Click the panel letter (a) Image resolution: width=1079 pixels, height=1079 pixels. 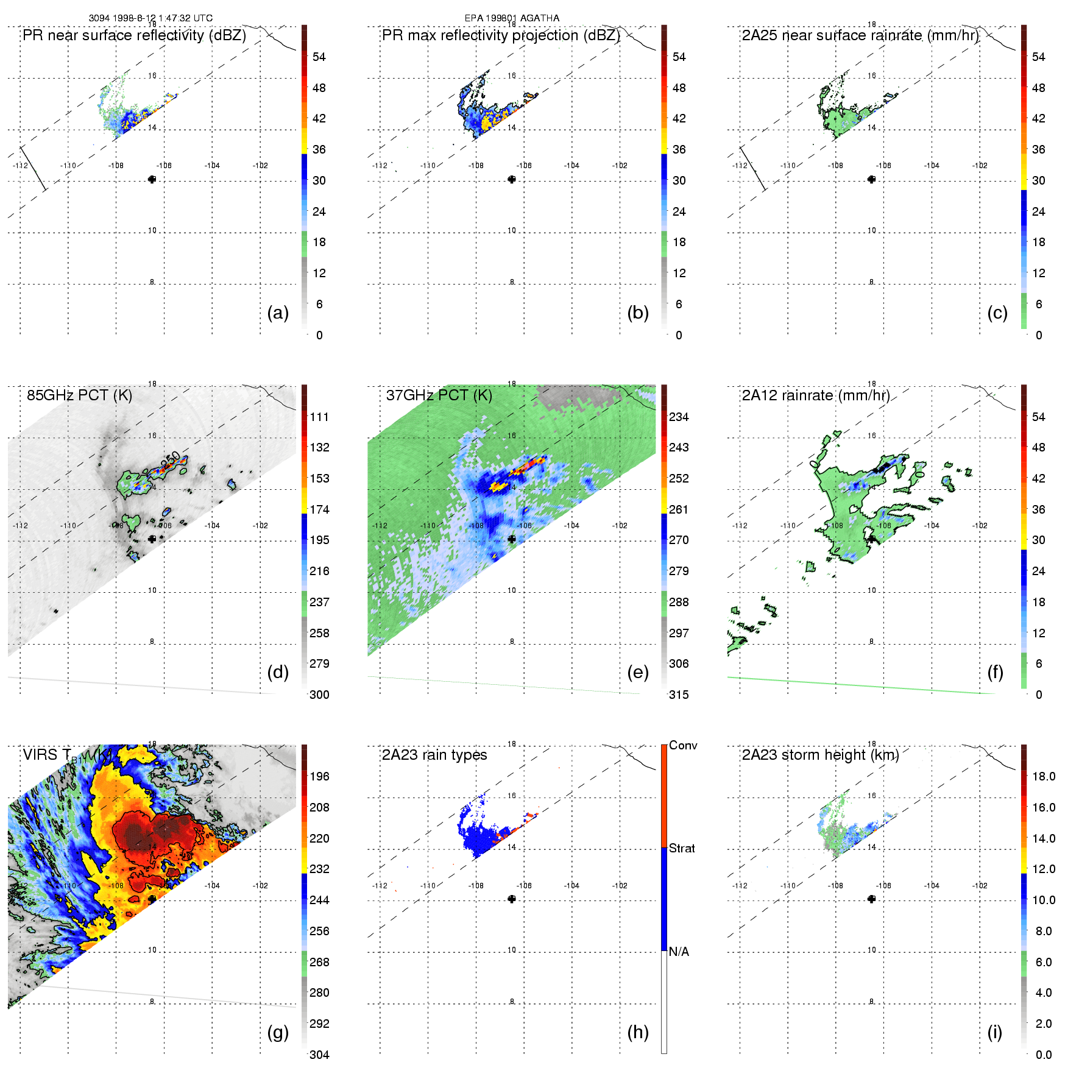pyautogui.click(x=278, y=313)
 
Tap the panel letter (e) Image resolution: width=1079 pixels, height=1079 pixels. pyautogui.click(x=637, y=673)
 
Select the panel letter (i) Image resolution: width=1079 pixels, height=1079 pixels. pyautogui.click(x=994, y=1032)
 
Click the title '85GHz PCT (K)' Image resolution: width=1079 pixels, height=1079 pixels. pyautogui.click(x=79, y=395)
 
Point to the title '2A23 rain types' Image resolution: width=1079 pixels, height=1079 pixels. pyautogui.click(x=434, y=755)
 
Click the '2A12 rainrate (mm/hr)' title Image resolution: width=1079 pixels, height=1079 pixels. pyautogui.click(x=815, y=395)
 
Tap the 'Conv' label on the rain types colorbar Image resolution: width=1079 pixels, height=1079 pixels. pyautogui.click(x=683, y=745)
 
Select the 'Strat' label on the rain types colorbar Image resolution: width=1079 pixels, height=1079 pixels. pyautogui.click(x=682, y=848)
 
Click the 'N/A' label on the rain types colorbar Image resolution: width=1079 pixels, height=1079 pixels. pyautogui.click(x=679, y=952)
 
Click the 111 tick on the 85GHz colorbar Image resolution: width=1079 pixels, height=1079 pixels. pyautogui.click(x=319, y=417)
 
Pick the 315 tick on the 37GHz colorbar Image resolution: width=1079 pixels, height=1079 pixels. pyautogui.click(x=679, y=695)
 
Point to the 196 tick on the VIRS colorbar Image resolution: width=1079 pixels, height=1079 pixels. pyautogui.click(x=319, y=776)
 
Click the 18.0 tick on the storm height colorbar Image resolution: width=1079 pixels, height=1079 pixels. pyautogui.click(x=1044, y=776)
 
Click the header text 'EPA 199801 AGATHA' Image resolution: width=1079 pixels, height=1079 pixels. pyautogui.click(x=512, y=18)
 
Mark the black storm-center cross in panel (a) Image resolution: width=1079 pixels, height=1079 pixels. pyautogui.click(x=152, y=179)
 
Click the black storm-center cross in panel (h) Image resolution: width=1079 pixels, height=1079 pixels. pyautogui.click(x=512, y=899)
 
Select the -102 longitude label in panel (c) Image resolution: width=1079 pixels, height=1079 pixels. pyautogui.click(x=980, y=166)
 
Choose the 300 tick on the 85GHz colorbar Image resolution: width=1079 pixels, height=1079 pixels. pyautogui.click(x=319, y=695)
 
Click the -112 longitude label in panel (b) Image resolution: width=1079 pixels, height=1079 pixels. pyautogui.click(x=380, y=166)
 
